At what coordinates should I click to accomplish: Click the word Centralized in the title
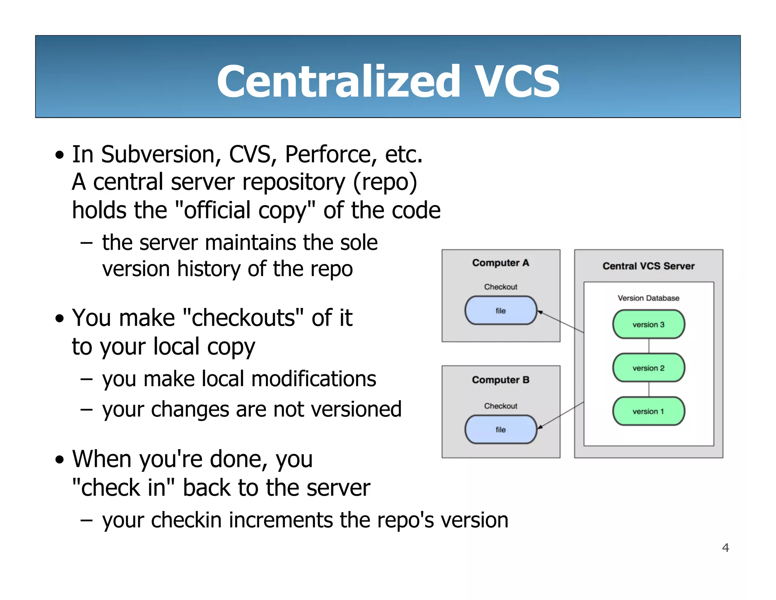338,81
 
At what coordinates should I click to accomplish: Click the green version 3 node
648,324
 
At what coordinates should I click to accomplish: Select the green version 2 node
648,368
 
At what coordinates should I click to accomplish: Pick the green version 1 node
648,411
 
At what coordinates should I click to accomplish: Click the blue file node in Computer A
501,311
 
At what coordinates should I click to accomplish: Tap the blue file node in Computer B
501,430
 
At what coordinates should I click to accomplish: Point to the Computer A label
501,263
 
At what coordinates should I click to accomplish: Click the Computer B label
501,380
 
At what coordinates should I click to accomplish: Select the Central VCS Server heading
648,266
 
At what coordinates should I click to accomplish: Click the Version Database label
648,298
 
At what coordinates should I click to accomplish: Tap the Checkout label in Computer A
501,287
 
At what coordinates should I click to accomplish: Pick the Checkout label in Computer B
501,406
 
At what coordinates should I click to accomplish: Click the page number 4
725,548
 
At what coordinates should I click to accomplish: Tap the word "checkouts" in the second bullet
243,318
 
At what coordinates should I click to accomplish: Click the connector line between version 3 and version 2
649,346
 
